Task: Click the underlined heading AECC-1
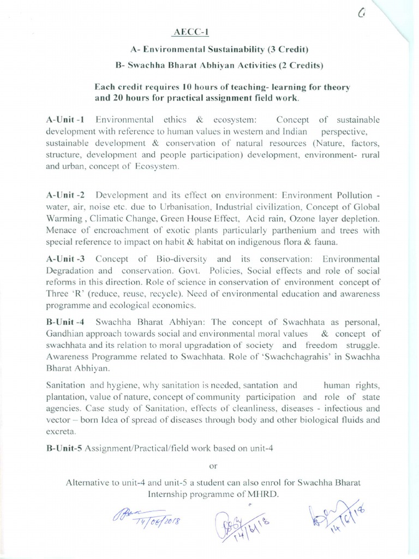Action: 187,33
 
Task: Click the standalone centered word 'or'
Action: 213,466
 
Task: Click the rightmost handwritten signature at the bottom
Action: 334,513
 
